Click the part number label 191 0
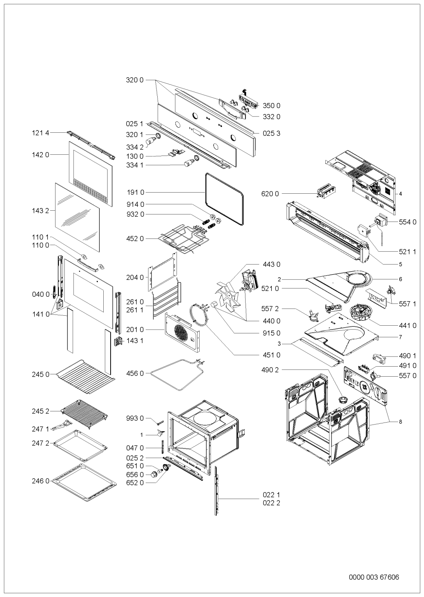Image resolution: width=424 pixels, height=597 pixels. [x=135, y=192]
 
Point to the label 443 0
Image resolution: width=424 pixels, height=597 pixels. [x=272, y=264]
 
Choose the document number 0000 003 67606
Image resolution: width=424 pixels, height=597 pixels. [x=374, y=566]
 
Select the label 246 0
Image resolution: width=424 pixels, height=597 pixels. [x=40, y=481]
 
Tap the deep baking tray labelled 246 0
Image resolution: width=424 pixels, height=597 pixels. [x=84, y=483]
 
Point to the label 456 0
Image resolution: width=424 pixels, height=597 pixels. [x=135, y=373]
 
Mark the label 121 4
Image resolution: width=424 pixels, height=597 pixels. [x=40, y=133]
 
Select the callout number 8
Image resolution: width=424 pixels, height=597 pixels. [x=400, y=422]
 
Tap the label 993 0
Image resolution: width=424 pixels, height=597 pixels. [x=135, y=418]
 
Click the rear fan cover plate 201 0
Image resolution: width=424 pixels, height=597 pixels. [x=182, y=331]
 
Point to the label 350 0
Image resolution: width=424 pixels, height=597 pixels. [x=272, y=105]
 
